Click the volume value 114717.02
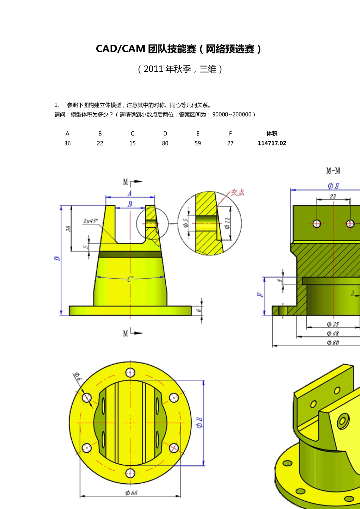[x=272, y=143]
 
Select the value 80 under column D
[x=165, y=143]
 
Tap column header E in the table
[x=197, y=133]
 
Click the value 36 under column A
[x=67, y=143]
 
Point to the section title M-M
[x=333, y=171]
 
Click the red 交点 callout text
[x=238, y=192]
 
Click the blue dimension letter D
[x=57, y=258]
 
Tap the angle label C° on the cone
[x=130, y=279]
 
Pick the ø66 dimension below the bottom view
[x=131, y=493]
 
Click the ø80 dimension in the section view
[x=333, y=342]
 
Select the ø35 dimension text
[x=333, y=324]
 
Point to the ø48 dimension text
[x=333, y=333]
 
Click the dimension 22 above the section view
[x=333, y=196]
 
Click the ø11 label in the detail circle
[x=227, y=223]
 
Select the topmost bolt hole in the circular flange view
[x=130, y=372]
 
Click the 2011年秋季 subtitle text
[x=180, y=69]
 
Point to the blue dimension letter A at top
[x=130, y=193]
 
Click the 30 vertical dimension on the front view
[x=68, y=228]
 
